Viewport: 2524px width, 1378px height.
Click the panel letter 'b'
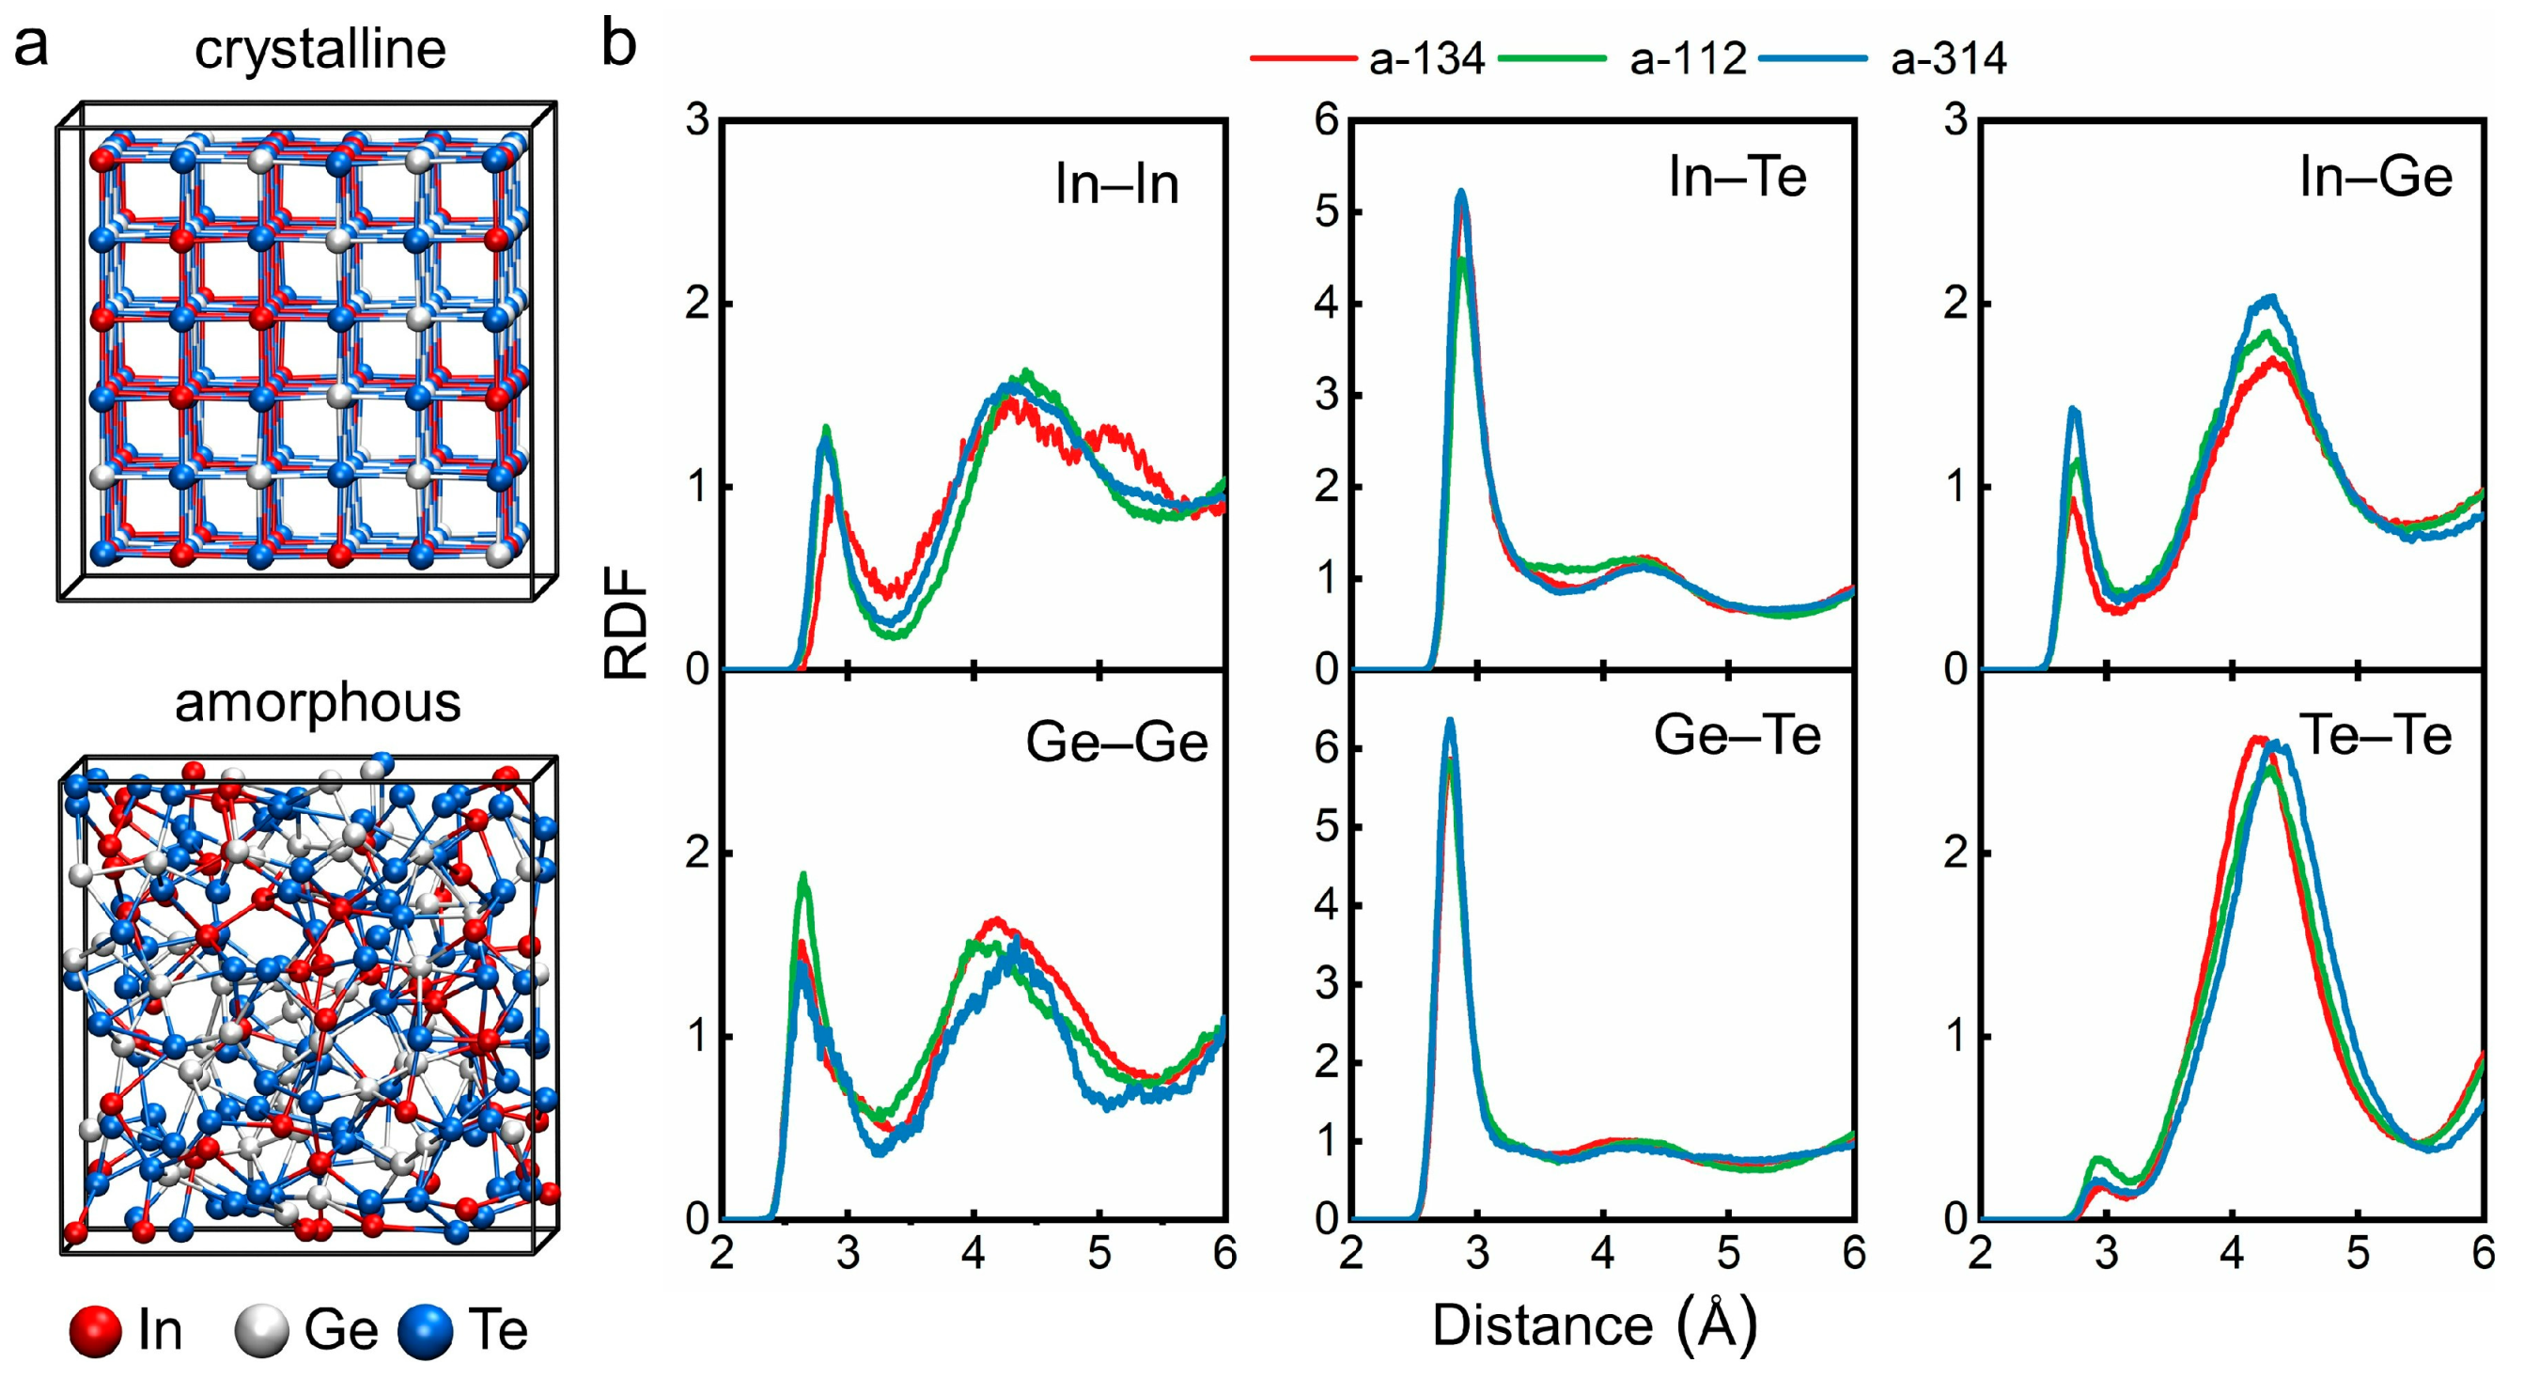click(x=618, y=44)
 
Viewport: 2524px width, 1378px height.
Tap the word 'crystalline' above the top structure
click(x=319, y=49)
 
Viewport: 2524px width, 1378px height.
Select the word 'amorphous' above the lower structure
click(x=318, y=703)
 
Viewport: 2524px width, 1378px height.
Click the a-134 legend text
click(x=1426, y=60)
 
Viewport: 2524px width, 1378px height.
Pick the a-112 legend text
click(x=1688, y=60)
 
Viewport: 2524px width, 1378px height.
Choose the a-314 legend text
click(x=1948, y=60)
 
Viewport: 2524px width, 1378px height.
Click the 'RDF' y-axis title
click(x=625, y=624)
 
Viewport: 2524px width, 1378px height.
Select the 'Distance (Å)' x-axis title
click(x=1594, y=1325)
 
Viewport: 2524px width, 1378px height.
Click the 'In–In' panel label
click(x=1116, y=184)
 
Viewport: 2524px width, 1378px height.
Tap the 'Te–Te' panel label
click(x=2376, y=735)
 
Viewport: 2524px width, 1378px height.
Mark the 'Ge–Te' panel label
click(x=1737, y=735)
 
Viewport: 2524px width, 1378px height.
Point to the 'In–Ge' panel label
click(x=2376, y=178)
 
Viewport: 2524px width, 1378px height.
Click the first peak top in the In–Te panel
click(x=1461, y=193)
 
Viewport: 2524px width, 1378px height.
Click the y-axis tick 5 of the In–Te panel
click(x=1327, y=212)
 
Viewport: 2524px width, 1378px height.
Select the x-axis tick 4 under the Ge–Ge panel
click(x=973, y=1254)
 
